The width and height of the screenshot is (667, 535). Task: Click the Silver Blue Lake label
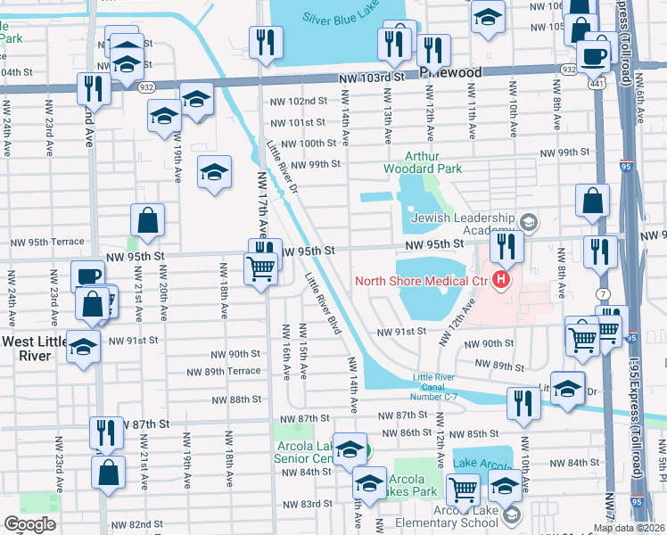click(341, 18)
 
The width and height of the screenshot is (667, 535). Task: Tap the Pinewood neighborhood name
click(450, 72)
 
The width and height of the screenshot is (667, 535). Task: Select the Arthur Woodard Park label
click(423, 160)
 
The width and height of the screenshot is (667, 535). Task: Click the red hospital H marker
click(500, 281)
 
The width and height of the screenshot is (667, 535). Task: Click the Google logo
click(29, 523)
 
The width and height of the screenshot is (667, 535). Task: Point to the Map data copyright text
click(629, 528)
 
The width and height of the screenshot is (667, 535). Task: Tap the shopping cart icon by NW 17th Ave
click(260, 268)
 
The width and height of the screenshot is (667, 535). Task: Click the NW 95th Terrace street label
click(46, 242)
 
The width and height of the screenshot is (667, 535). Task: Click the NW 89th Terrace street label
click(223, 371)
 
